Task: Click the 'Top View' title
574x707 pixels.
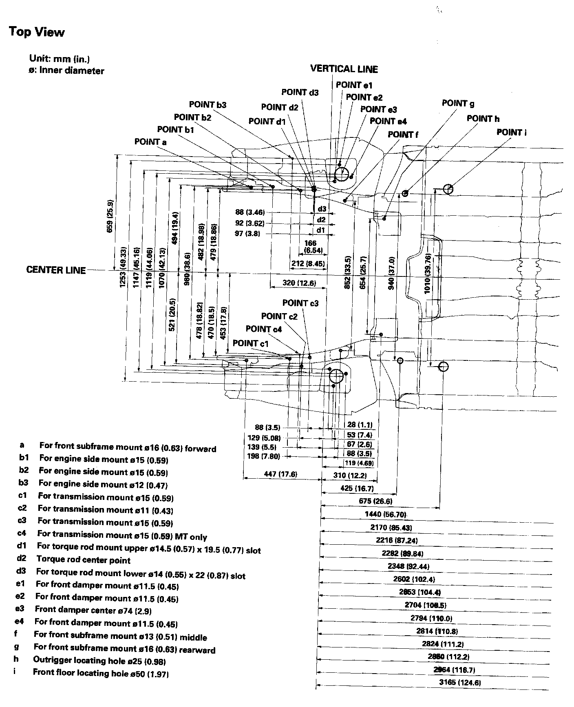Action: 37,32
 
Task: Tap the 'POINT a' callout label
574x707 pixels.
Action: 150,142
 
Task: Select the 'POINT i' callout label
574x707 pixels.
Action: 511,133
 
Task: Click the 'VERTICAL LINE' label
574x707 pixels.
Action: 344,69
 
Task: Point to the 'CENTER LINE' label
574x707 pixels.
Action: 56,270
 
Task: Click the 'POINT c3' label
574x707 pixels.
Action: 300,303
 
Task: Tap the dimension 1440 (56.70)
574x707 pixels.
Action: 386,515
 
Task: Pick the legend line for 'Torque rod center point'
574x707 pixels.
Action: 84,560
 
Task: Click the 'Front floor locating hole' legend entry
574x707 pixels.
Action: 101,673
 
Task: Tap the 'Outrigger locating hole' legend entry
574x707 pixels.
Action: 99,661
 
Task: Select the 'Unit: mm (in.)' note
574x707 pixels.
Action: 60,59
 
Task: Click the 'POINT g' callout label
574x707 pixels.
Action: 458,103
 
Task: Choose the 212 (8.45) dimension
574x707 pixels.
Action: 308,264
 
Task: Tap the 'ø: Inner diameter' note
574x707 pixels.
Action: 66,71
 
